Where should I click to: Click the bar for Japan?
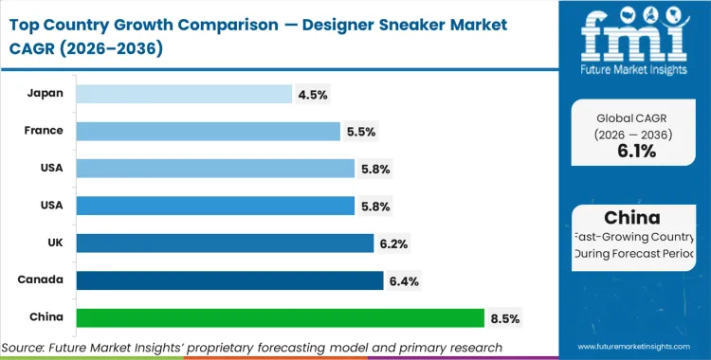(x=184, y=94)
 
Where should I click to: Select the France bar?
(x=208, y=131)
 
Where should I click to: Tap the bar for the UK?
(x=225, y=243)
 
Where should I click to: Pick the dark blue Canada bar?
(x=229, y=280)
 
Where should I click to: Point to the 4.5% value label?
(x=314, y=94)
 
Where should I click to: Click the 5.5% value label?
(x=362, y=132)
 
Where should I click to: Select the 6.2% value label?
(x=395, y=243)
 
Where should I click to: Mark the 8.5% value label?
(x=505, y=317)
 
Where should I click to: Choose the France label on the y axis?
(x=46, y=131)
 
